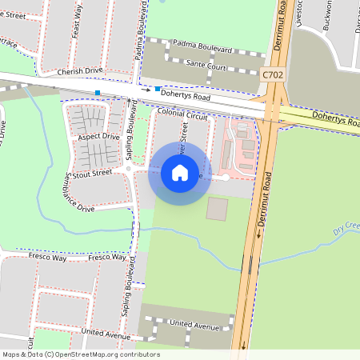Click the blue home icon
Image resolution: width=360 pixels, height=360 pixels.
179,173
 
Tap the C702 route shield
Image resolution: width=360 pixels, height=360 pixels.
273,74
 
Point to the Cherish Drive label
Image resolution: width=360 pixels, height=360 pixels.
80,70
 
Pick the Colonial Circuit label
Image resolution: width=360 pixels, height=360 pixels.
182,115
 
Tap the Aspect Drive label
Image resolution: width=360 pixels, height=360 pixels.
98,137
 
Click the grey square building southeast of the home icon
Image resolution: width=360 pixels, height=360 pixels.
217,210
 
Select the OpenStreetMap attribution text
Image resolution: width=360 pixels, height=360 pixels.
80,354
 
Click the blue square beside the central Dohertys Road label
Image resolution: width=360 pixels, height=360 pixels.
158,89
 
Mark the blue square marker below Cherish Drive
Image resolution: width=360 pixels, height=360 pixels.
98,94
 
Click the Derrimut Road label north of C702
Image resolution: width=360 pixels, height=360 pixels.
281,28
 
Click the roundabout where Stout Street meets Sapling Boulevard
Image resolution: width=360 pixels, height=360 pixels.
128,170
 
